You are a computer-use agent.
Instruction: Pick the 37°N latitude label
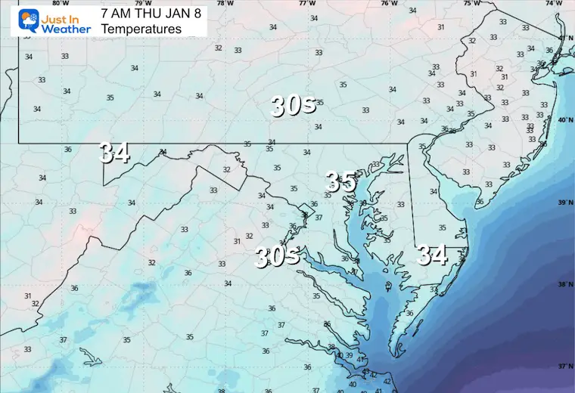tap(566, 366)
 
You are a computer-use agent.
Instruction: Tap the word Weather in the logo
tap(66, 29)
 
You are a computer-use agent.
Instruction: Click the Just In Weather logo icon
tap(17, 20)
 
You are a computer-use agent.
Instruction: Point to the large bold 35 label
tap(340, 181)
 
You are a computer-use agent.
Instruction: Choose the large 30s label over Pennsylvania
tap(294, 107)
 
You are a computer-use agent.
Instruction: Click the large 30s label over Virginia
tap(276, 257)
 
